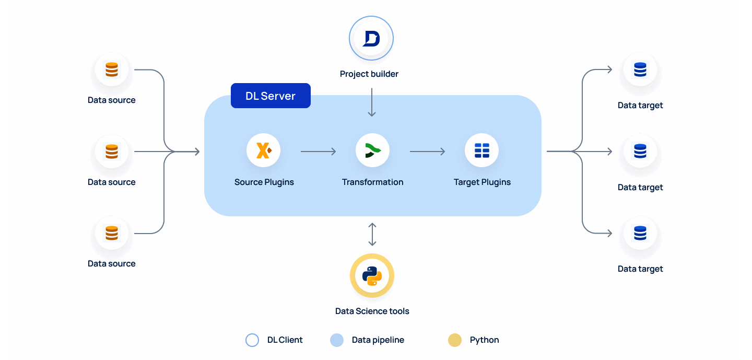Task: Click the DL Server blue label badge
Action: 271,96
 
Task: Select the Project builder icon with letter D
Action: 371,39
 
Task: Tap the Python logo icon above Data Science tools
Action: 372,276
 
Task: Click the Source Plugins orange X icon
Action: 264,151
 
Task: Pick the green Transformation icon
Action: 372,151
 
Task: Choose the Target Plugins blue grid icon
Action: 481,151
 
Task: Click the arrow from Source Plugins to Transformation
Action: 318,152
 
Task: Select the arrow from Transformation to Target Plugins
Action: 427,152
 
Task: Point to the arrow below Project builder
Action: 372,102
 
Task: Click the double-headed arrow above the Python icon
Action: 372,234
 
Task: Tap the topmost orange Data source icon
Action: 112,69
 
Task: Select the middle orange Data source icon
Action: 112,152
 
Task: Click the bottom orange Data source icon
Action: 112,233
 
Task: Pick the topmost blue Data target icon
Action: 640,69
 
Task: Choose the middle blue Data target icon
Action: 640,152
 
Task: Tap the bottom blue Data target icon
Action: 640,233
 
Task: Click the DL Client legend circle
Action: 252,340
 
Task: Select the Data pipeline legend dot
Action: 337,340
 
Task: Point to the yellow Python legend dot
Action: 455,340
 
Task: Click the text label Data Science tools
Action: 372,311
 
